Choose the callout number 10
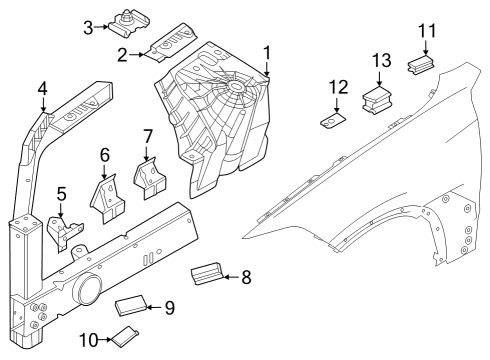coord(87,341)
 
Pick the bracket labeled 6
coord(108,199)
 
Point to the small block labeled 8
coord(208,271)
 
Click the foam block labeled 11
coord(423,66)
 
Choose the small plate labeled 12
coord(330,123)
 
